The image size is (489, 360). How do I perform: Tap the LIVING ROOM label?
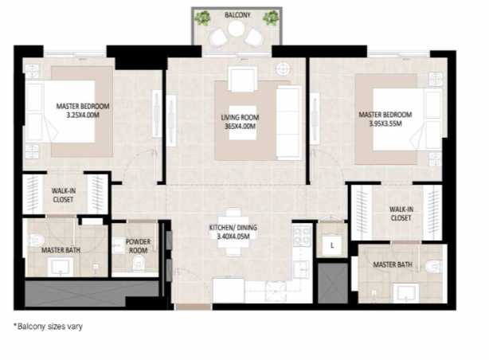click(x=239, y=118)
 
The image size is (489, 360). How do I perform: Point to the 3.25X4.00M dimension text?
click(x=83, y=114)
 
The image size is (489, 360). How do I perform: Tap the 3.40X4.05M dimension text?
click(x=233, y=237)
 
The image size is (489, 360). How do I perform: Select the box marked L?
click(x=331, y=245)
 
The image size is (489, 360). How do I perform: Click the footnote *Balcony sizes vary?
click(x=48, y=326)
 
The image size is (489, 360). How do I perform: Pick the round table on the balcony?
click(x=237, y=29)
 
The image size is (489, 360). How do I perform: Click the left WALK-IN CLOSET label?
click(x=63, y=195)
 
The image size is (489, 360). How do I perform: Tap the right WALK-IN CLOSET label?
click(x=401, y=213)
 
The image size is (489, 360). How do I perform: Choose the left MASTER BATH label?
click(x=58, y=250)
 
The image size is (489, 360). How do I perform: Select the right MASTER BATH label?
click(x=392, y=264)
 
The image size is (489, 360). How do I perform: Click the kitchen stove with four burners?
click(x=302, y=234)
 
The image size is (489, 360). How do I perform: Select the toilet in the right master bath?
click(x=433, y=266)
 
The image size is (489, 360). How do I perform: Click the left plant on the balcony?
click(x=203, y=18)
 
